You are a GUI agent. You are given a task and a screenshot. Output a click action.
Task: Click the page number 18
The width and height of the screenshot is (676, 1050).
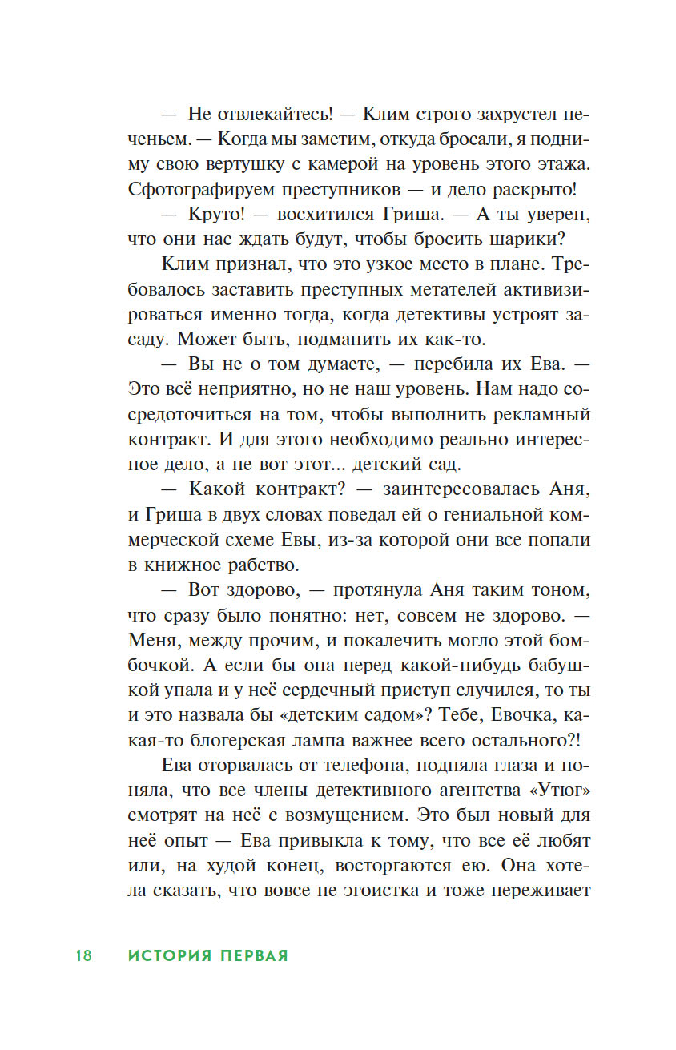point(84,955)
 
